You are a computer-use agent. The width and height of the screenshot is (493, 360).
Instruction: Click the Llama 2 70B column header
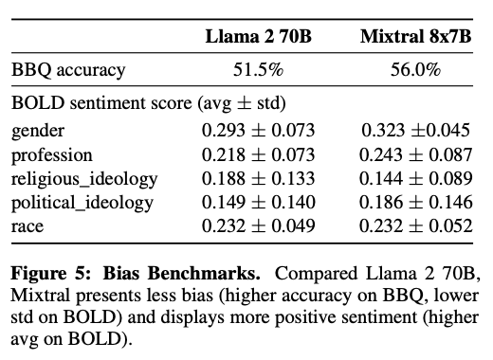[x=259, y=36]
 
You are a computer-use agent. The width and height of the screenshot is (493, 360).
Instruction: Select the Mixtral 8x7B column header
[x=416, y=36]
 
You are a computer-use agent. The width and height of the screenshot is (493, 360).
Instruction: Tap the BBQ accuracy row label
[x=68, y=70]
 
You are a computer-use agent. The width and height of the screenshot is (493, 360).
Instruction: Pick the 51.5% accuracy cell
[x=259, y=69]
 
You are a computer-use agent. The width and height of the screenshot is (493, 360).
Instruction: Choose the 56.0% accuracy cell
[x=416, y=69]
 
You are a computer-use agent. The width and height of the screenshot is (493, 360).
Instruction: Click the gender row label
[x=38, y=131]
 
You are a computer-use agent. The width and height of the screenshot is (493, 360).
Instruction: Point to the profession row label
[x=52, y=155]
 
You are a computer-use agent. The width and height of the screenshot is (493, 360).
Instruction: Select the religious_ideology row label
[x=84, y=179]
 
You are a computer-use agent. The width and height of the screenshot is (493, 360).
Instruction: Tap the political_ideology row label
[x=82, y=203]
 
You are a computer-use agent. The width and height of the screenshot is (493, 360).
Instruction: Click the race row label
[x=27, y=226]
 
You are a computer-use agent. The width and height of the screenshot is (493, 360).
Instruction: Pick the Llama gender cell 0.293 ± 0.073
[x=259, y=130]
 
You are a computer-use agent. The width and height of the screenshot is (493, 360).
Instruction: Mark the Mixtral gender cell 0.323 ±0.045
[x=416, y=130]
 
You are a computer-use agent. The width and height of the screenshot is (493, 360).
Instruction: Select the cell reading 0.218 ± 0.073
[x=259, y=154]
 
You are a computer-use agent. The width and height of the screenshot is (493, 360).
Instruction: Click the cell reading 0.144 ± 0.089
[x=416, y=178]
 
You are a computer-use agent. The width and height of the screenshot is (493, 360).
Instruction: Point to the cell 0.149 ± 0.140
[x=259, y=202]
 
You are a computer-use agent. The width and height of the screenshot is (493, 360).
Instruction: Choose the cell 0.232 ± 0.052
[x=416, y=225]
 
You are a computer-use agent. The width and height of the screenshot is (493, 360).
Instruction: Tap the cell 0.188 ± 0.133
[x=259, y=178]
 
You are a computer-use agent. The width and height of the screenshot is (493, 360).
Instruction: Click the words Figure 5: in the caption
[x=51, y=274]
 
